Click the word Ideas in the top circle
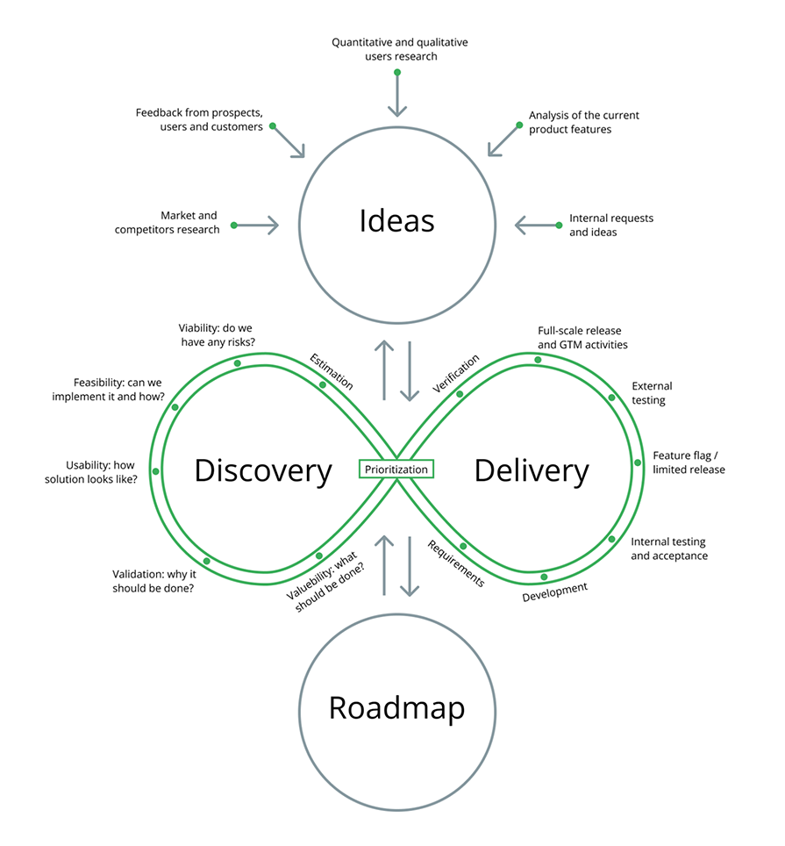pyautogui.click(x=396, y=220)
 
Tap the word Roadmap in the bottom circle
pyautogui.click(x=396, y=707)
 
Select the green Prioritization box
pyautogui.click(x=396, y=470)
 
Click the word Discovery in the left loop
pyautogui.click(x=263, y=470)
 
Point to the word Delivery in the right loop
pyautogui.click(x=532, y=470)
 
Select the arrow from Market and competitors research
pyautogui.click(x=256, y=226)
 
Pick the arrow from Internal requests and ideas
pyautogui.click(x=537, y=226)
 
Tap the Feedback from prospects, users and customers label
pyautogui.click(x=199, y=119)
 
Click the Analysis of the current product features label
pyautogui.click(x=583, y=122)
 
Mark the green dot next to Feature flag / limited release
pyautogui.click(x=638, y=462)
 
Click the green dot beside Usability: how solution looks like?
pyautogui.click(x=156, y=471)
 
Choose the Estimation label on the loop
pyautogui.click(x=332, y=371)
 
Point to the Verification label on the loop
pyautogui.click(x=456, y=373)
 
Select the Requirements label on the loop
pyautogui.click(x=455, y=563)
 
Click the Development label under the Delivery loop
pyautogui.click(x=554, y=591)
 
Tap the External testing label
pyautogui.click(x=652, y=392)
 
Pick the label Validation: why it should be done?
pyautogui.click(x=153, y=581)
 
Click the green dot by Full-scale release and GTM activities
pyautogui.click(x=538, y=360)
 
